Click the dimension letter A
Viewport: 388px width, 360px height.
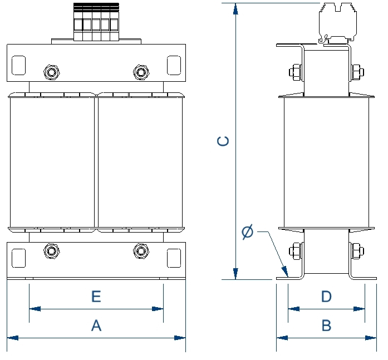coord(96,326)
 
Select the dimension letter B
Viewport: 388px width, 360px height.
coord(326,326)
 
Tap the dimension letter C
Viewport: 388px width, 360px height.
coord(223,141)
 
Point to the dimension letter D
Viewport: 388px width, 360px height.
coord(326,296)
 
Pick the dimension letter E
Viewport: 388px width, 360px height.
coord(96,296)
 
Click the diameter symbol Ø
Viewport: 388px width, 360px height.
coord(248,231)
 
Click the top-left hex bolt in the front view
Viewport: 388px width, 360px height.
coord(51,72)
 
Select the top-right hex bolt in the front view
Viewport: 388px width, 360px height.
coord(141,72)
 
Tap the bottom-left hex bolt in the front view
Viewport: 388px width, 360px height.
coord(51,251)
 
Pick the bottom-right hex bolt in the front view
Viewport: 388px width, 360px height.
coord(141,251)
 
